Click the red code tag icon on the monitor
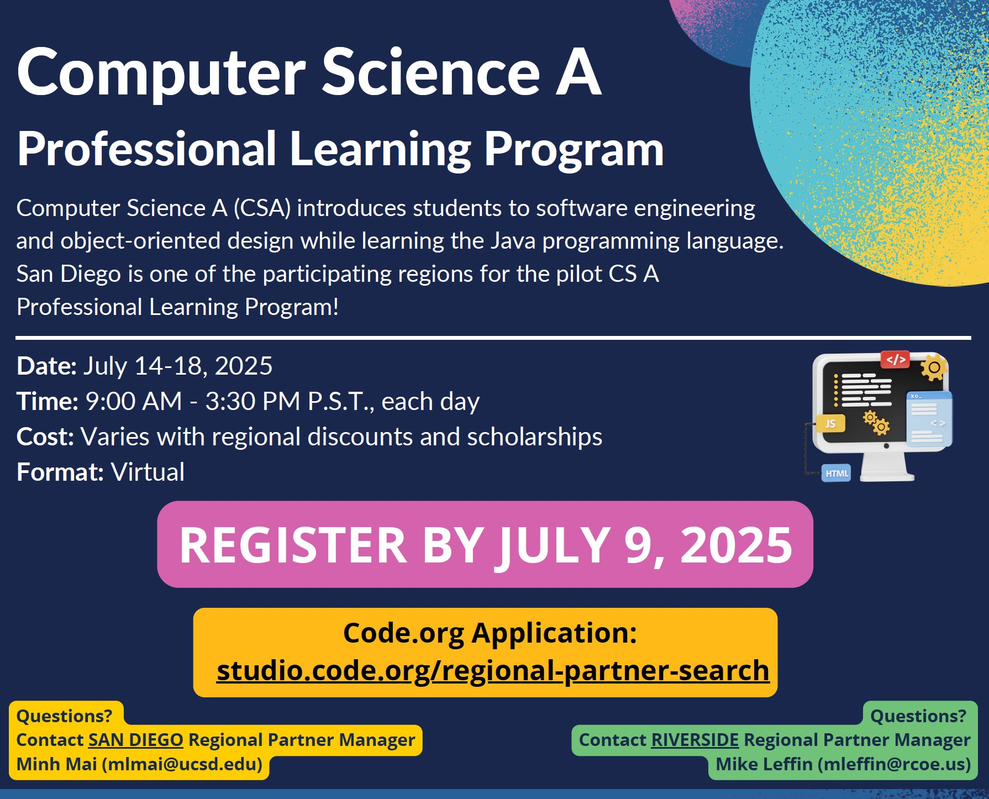tap(895, 359)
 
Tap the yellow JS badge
tap(830, 423)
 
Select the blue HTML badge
tap(836, 473)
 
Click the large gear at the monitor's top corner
tap(934, 367)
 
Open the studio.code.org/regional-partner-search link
tap(493, 670)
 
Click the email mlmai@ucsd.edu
tap(182, 764)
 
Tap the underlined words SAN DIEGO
tap(135, 740)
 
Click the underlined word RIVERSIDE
tap(695, 740)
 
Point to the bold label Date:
tap(46, 366)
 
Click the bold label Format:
tap(60, 472)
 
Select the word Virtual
tap(148, 472)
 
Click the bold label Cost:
tap(45, 437)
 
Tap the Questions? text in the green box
tap(918, 716)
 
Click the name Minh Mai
tap(57, 764)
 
